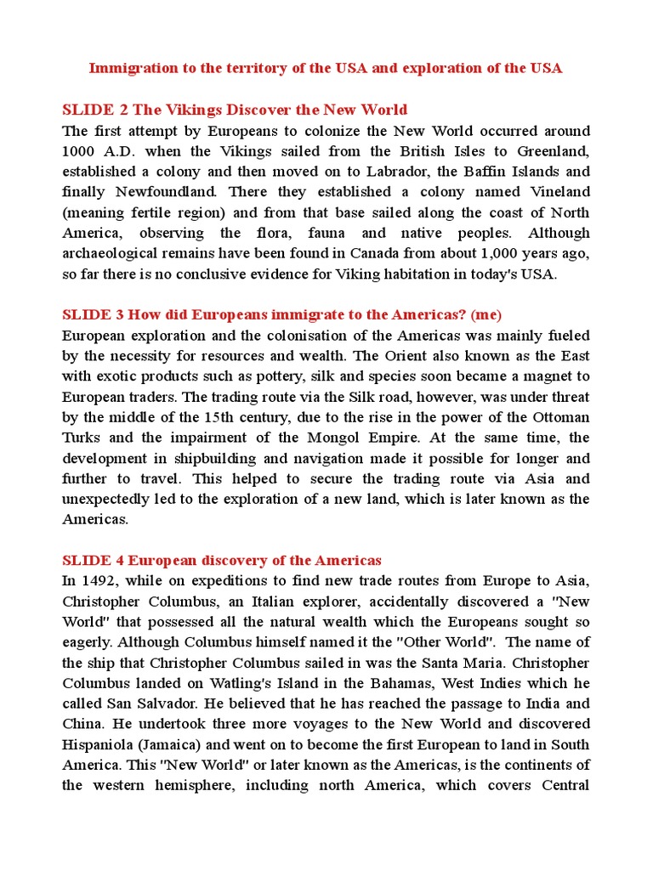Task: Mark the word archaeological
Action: pos(115,254)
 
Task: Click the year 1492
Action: pos(94,581)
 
